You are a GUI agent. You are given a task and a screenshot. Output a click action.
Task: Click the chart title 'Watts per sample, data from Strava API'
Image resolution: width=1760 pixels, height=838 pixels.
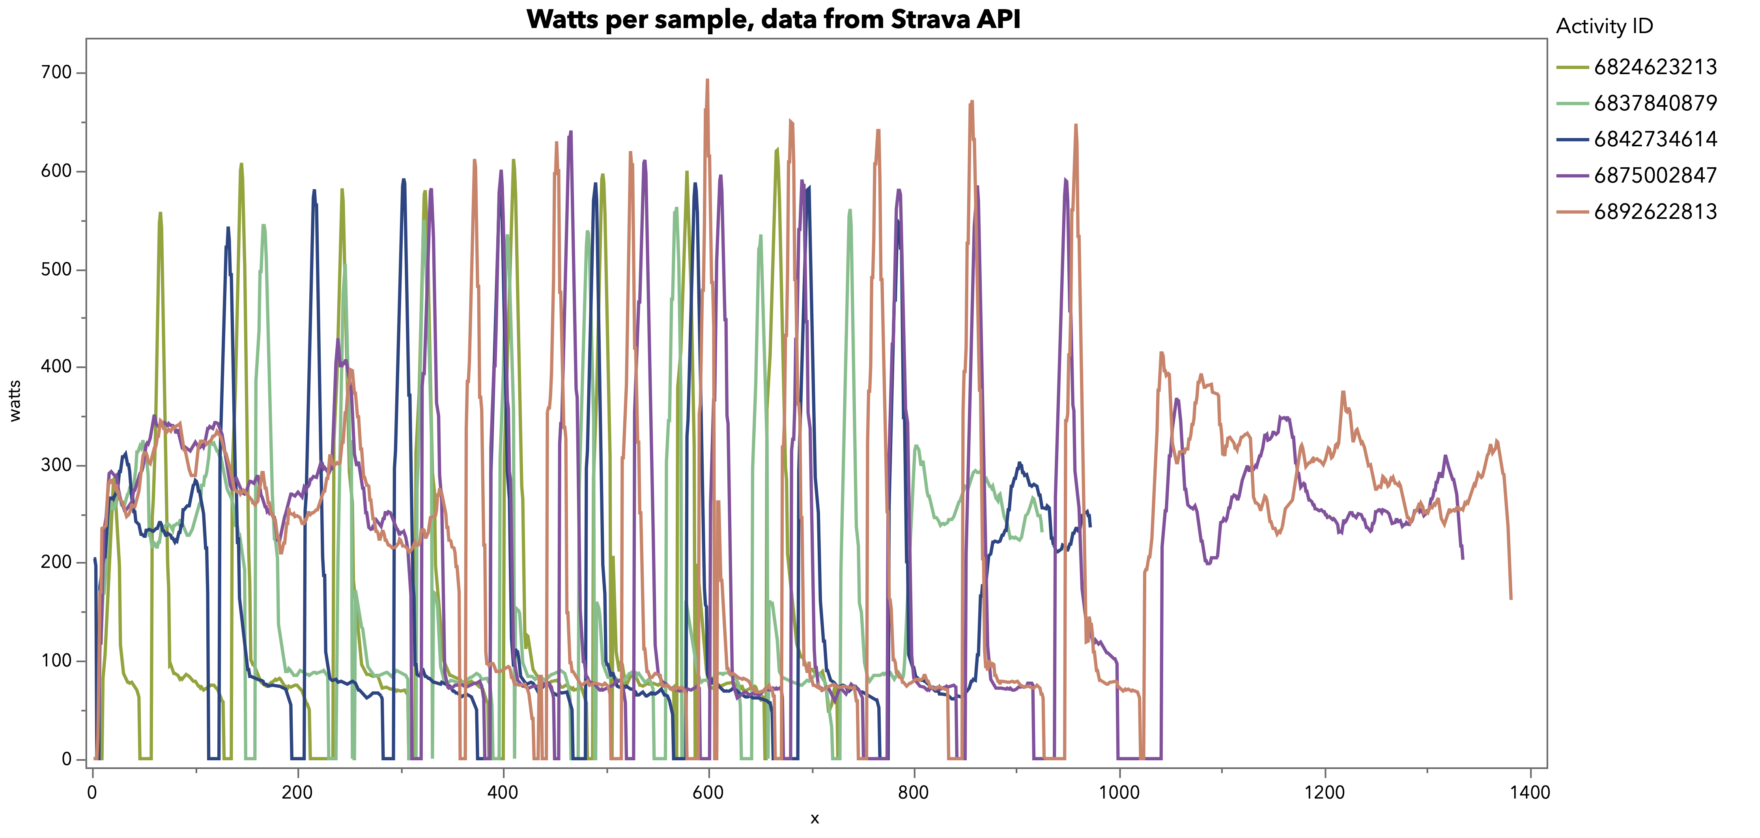click(774, 19)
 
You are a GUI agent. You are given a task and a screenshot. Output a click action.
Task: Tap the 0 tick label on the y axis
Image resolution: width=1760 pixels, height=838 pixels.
click(66, 759)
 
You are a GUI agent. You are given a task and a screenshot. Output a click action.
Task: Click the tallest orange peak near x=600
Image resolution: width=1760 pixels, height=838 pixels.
click(707, 80)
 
